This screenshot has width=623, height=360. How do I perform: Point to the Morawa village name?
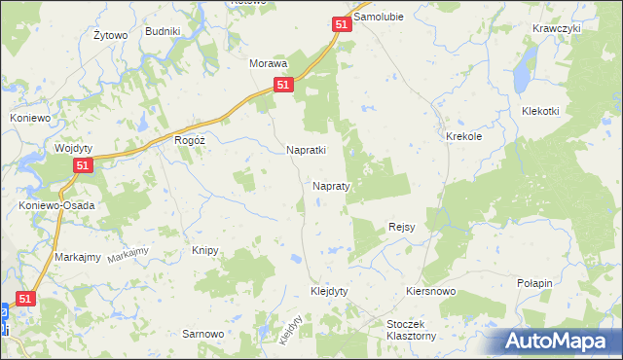[269, 63]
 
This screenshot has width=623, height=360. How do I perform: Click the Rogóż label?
[189, 140]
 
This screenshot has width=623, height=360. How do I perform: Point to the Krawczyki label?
[557, 28]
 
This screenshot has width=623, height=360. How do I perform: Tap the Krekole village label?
[464, 137]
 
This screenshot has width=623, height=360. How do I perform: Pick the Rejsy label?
[402, 227]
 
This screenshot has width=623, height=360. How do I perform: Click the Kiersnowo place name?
[432, 291]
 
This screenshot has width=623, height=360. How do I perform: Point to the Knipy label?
[204, 250]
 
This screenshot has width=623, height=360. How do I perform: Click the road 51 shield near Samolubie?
[341, 25]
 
